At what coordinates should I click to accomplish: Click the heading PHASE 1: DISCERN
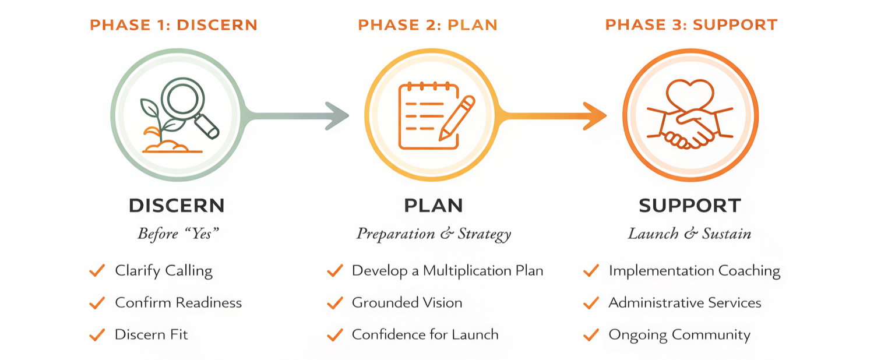click(173, 25)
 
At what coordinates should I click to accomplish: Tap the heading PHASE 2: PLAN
click(428, 25)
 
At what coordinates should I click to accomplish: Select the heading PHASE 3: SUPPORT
click(691, 25)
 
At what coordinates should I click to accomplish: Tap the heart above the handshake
click(690, 93)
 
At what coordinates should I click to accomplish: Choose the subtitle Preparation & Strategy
click(434, 234)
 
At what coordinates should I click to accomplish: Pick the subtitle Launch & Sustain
click(689, 234)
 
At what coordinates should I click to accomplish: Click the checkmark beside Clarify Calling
click(97, 271)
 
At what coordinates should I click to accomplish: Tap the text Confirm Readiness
click(178, 303)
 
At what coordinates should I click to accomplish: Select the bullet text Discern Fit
click(151, 335)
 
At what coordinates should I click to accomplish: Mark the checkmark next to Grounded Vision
click(334, 303)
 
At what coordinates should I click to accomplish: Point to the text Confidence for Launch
click(425, 335)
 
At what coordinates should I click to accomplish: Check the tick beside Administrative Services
click(591, 303)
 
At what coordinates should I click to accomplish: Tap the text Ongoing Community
click(679, 335)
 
